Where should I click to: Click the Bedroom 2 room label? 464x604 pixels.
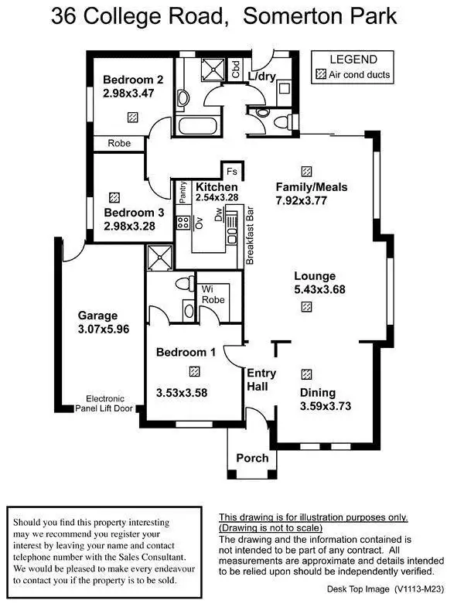[x=133, y=80]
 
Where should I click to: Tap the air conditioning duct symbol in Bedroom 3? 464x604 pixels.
[x=115, y=197]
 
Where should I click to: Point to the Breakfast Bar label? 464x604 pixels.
[x=251, y=236]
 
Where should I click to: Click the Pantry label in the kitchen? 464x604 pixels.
[x=183, y=193]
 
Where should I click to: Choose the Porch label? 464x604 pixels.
[x=252, y=458]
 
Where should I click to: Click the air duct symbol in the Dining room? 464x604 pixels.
[x=307, y=373]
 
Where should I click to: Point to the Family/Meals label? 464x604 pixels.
[x=312, y=187]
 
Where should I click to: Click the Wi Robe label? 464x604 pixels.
[x=213, y=295]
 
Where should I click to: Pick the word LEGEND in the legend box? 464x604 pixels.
[x=353, y=60]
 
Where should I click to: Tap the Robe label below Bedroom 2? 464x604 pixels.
[x=119, y=143]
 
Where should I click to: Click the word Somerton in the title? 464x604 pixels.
[x=301, y=17]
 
